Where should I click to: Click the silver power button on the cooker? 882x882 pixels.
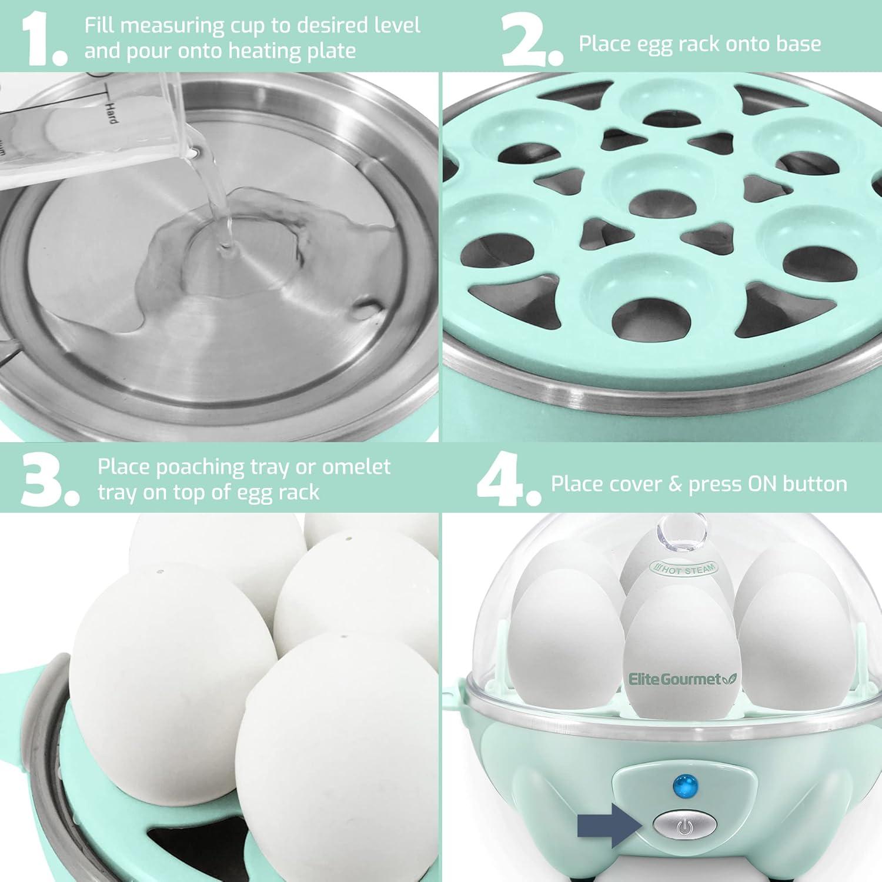(682, 827)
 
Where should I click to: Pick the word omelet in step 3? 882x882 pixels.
(356, 467)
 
